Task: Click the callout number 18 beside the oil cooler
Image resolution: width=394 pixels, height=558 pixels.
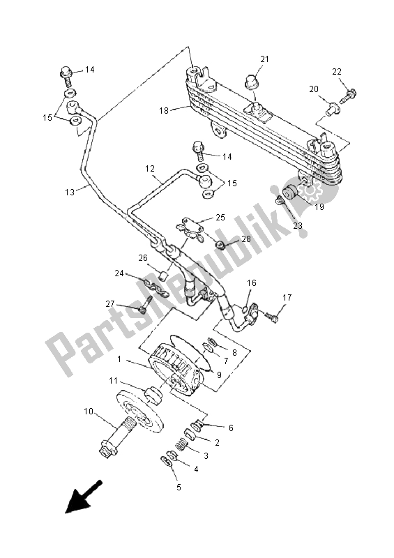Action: [164, 110]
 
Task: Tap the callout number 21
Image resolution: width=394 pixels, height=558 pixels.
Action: [264, 59]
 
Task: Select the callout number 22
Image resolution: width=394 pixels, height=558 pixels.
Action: [337, 73]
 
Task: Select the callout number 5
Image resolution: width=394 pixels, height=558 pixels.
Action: [179, 488]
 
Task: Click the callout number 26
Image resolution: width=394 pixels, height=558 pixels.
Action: [142, 257]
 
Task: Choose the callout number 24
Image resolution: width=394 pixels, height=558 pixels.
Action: [121, 273]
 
